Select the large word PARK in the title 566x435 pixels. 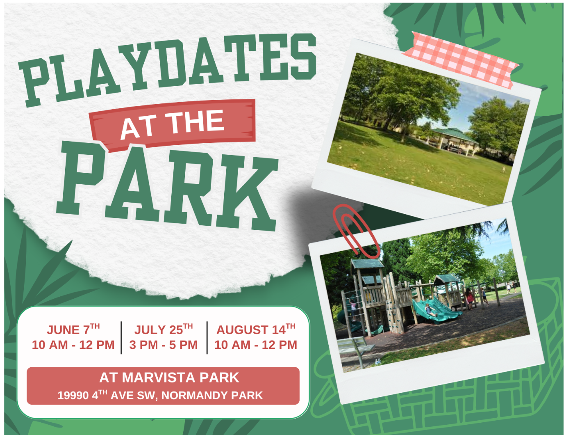167,186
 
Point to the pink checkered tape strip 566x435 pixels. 460,60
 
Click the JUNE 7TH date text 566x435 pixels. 73,329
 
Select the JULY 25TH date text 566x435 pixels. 164,329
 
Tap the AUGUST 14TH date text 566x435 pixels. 256,329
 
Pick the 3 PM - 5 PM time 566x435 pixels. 164,345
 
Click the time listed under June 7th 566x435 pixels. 73,345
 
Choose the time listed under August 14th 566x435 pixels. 256,345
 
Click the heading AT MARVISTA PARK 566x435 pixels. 169,378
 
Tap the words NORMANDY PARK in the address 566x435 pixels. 212,396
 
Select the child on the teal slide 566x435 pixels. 428,310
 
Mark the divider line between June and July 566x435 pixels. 121,337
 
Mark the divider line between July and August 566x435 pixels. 207,337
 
